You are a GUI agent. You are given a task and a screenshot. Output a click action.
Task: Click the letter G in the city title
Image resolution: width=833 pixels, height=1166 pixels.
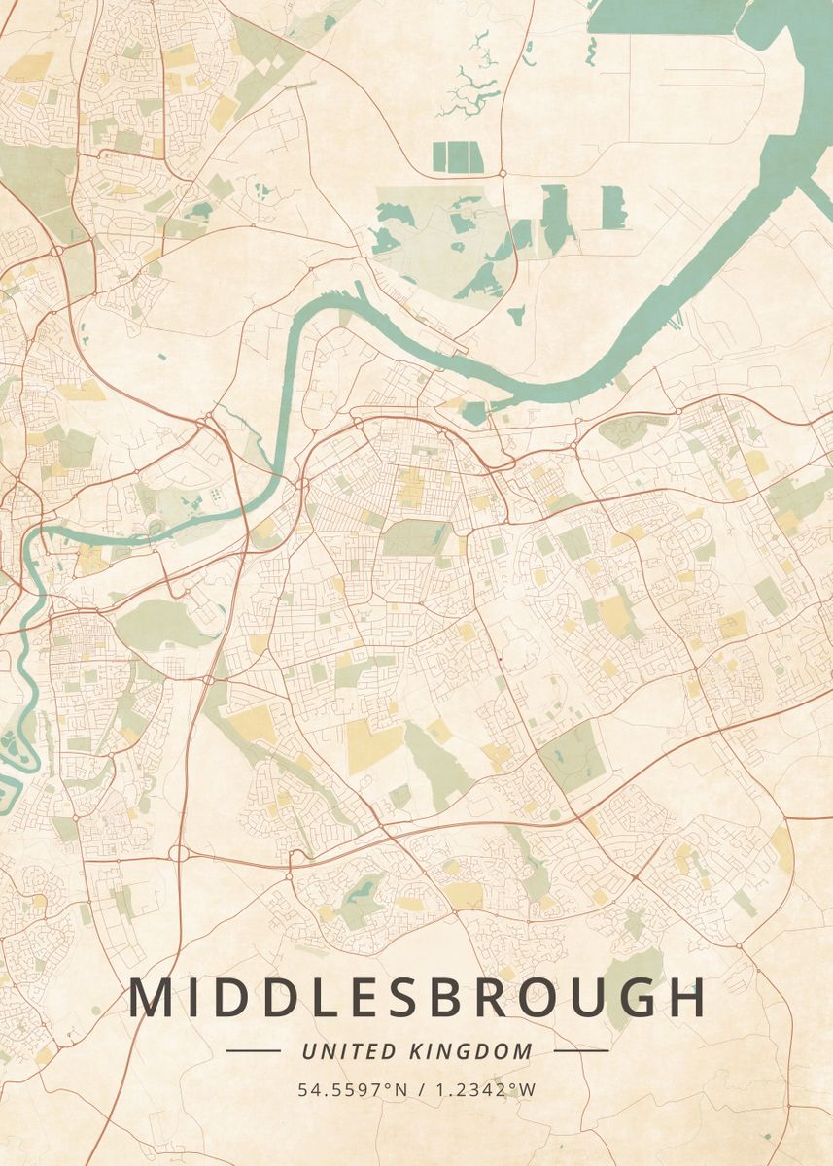pos(637,999)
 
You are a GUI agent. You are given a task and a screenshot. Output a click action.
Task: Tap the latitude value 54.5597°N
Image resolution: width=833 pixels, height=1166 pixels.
pos(353,1090)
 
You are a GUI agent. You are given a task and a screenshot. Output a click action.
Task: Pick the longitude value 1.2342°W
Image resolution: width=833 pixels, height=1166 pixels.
pos(487,1090)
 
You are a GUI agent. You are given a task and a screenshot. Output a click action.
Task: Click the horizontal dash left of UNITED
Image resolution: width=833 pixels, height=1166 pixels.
pos(253,1050)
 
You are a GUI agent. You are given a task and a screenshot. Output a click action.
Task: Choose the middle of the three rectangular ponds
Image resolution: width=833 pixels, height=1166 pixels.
pos(457,156)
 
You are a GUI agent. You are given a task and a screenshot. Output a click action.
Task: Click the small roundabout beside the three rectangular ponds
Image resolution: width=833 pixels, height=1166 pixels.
pos(502,173)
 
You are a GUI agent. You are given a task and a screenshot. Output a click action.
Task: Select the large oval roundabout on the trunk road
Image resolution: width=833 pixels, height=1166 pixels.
pos(179,853)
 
